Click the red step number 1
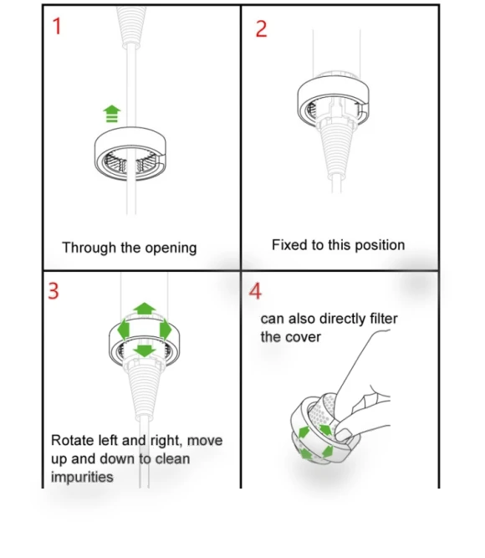57,26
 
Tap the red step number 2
261,28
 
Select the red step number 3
53,291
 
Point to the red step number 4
255,291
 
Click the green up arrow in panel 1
112,114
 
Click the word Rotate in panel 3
73,440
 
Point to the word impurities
82,477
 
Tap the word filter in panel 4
384,319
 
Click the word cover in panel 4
304,337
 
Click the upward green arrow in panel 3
144,309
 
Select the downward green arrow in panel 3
144,351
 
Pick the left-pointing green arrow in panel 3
124,330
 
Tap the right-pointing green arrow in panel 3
166,330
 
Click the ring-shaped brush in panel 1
130,137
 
